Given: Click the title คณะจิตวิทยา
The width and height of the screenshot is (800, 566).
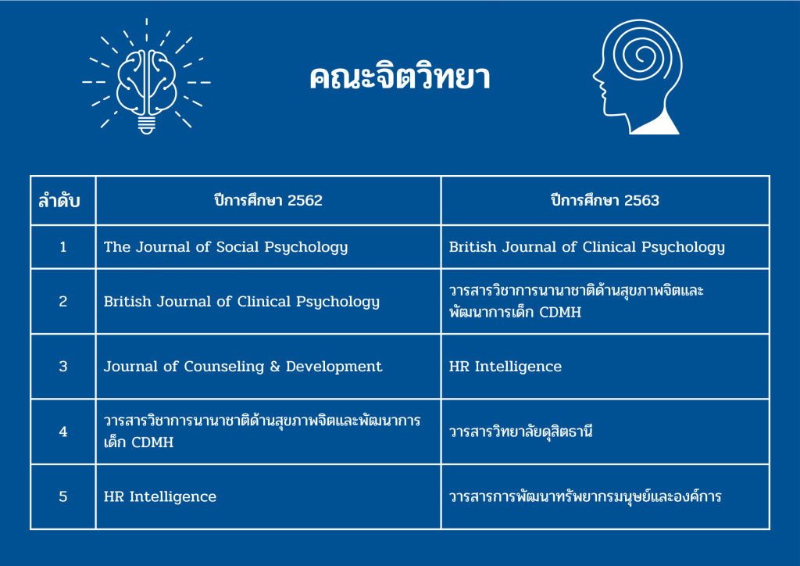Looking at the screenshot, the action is coord(399,77).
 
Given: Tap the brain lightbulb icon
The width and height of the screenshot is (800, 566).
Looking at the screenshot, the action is coord(146,77).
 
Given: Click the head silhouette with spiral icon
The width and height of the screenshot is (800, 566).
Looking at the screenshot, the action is coord(637,77).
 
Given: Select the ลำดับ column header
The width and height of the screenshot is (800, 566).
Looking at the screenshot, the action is coord(59,201).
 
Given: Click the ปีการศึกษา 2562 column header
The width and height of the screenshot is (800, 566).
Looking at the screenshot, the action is coord(269,200).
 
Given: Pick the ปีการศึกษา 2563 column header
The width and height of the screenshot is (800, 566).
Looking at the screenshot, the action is coord(605,200).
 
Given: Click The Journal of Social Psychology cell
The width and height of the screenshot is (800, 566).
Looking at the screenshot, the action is coord(226,248).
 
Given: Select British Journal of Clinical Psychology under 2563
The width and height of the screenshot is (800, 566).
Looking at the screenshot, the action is coord(587,248).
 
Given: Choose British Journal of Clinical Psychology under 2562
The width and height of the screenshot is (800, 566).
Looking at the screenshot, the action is coord(242,302).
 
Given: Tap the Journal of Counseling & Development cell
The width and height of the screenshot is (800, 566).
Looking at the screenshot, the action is coord(243,367).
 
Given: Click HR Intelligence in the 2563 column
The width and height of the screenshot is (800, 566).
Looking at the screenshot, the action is coord(505,367).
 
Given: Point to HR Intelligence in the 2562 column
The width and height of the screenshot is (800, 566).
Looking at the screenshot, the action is coord(160,496).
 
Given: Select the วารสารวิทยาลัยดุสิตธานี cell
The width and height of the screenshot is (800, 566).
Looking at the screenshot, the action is coord(521,432).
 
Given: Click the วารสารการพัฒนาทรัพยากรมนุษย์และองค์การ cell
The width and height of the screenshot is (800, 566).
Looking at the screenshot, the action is coord(585,496).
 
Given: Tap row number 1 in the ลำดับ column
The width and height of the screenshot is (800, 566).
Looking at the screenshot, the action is coord(63,248).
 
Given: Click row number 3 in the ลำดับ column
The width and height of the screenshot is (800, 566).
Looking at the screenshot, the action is coord(63,367).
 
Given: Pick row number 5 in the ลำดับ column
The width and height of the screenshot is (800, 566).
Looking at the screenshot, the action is coord(63,496).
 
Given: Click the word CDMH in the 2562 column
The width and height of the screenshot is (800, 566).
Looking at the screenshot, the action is coord(152,442).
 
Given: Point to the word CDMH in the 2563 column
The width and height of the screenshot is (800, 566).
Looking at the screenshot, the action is coord(560,313).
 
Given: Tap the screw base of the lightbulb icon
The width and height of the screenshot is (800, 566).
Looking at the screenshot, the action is coord(146,125).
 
